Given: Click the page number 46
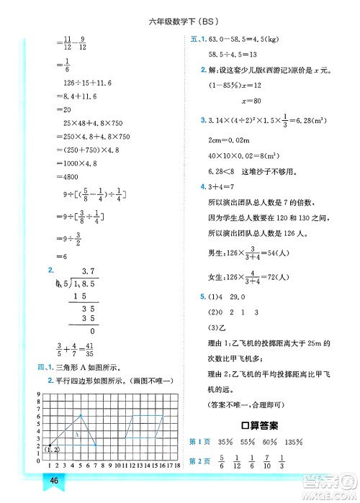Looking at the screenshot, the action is [x=53, y=481].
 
